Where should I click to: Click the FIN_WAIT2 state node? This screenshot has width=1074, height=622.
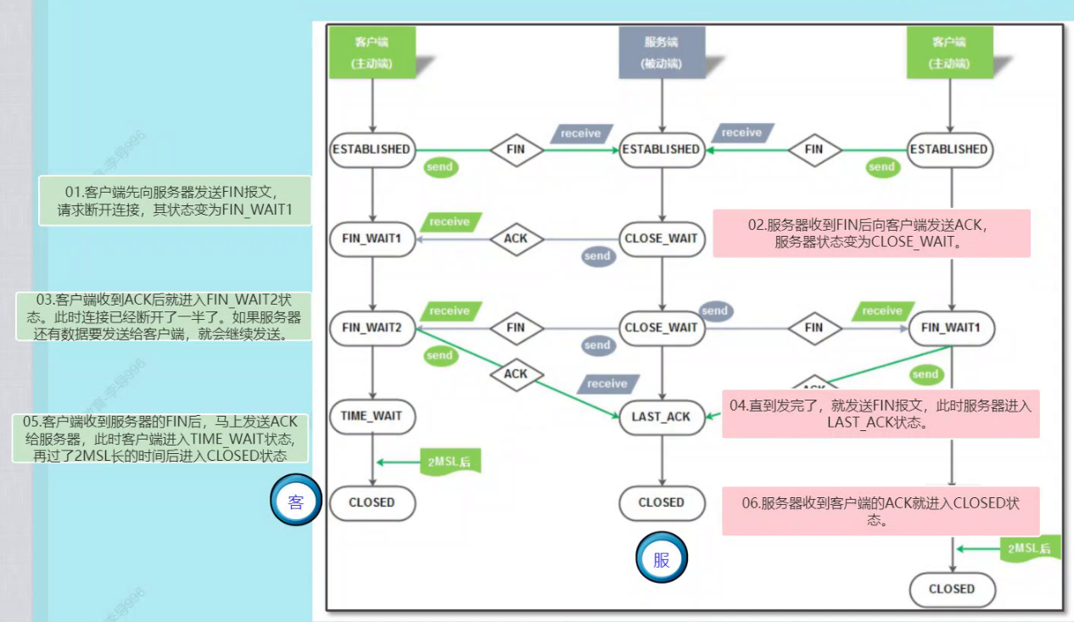372,327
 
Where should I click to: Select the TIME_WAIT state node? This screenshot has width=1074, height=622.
372,416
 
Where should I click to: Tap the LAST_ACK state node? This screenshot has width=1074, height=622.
662,416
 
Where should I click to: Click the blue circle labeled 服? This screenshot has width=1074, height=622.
662,559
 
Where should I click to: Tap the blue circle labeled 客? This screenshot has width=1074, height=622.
296,502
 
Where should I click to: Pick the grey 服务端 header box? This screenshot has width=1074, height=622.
662,53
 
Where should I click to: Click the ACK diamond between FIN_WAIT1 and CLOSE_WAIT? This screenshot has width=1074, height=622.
516,238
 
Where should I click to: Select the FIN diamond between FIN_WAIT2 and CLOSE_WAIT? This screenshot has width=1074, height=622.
516,327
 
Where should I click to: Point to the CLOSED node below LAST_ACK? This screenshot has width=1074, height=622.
662,502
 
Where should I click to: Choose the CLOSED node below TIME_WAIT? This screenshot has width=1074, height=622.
372,502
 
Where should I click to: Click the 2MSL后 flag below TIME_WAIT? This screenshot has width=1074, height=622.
450,462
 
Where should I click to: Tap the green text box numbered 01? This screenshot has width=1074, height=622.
176,200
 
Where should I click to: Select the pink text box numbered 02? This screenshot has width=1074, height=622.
871,233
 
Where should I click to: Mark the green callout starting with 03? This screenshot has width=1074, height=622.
164,317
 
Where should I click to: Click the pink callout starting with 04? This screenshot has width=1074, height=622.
881,414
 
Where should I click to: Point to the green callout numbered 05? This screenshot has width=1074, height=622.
160,438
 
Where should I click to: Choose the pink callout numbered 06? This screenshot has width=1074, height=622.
881,511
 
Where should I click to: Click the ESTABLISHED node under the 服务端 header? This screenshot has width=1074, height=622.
662,149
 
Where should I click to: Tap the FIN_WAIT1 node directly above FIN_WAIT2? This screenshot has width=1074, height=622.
372,238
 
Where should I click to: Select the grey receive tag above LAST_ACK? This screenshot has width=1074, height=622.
607,384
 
